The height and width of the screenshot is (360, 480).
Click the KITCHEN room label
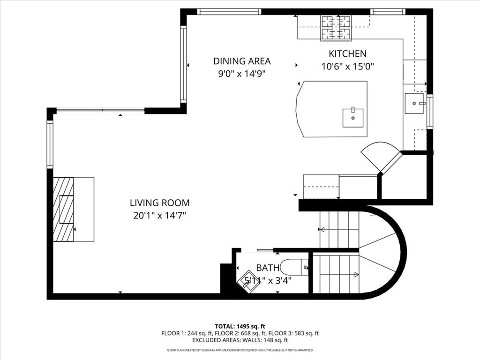[x=347, y=54]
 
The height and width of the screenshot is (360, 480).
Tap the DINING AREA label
[x=242, y=61]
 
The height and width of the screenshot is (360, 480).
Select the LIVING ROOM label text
[x=159, y=203]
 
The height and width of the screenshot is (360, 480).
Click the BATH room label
[x=268, y=268]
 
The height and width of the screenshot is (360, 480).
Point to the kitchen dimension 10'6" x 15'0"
[x=347, y=67]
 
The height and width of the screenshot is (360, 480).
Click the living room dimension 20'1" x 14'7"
[x=159, y=216]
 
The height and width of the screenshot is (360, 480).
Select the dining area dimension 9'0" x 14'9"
[x=242, y=74]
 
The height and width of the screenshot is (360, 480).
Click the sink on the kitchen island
[x=352, y=118]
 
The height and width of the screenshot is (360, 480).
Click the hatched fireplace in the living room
[x=63, y=209]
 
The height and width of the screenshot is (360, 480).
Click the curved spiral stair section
[x=380, y=253]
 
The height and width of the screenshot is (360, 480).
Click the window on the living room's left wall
[x=50, y=144]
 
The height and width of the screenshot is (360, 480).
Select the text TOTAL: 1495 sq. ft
[x=240, y=326]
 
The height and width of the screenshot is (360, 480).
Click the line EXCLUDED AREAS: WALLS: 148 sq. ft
[x=240, y=340]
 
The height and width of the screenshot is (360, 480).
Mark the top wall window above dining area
[x=228, y=12]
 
